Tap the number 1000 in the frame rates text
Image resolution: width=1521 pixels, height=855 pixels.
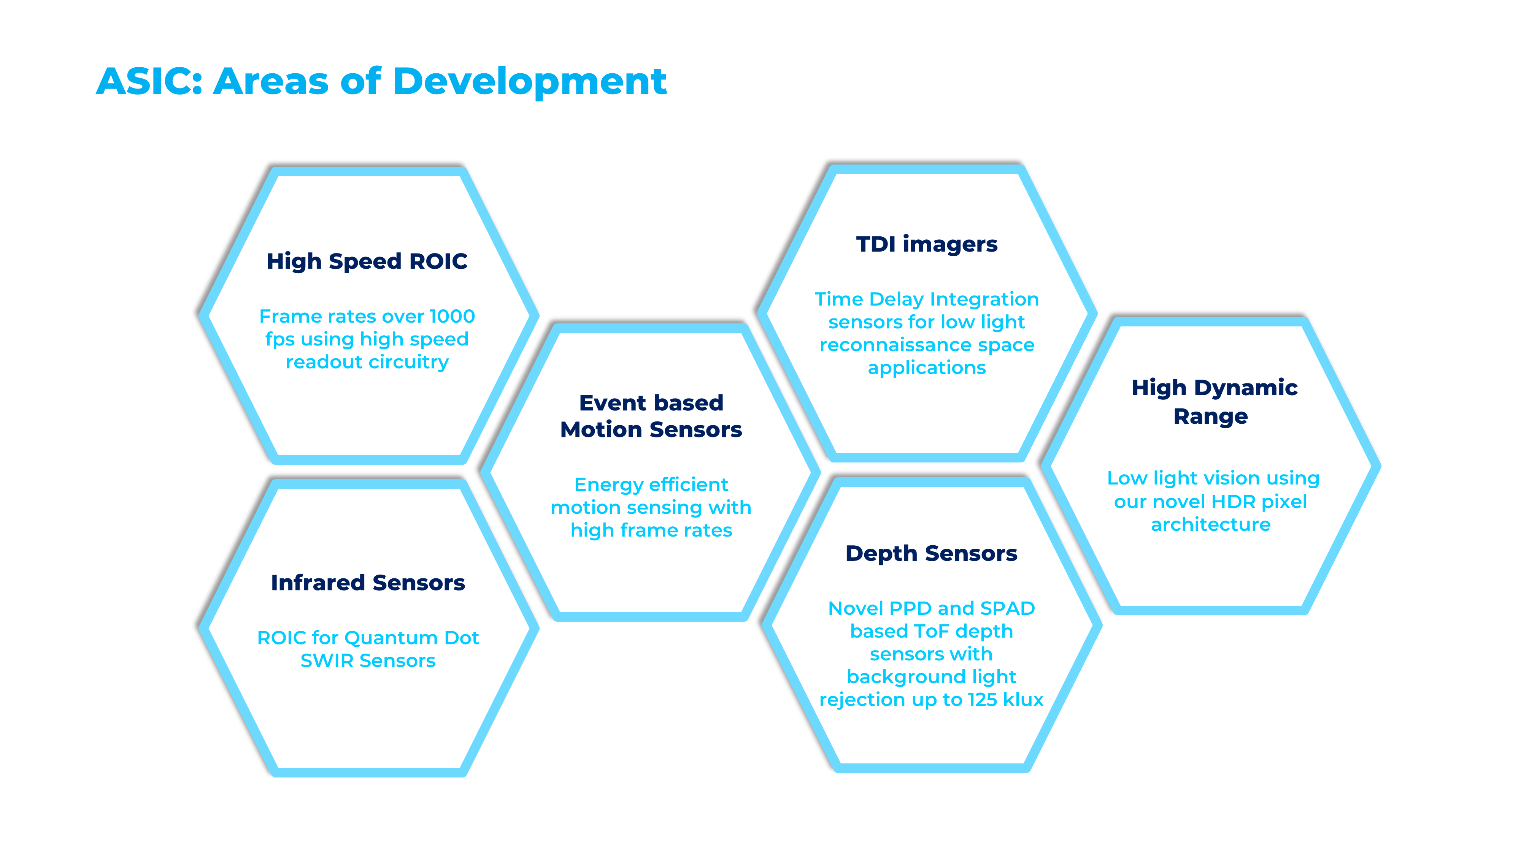pos(452,316)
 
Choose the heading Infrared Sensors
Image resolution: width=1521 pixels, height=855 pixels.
pos(368,583)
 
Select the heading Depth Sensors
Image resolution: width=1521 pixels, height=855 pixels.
pos(931,554)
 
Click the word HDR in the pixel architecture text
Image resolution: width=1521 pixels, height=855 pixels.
pos(1234,502)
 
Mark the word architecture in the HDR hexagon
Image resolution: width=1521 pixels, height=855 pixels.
pos(1210,524)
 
